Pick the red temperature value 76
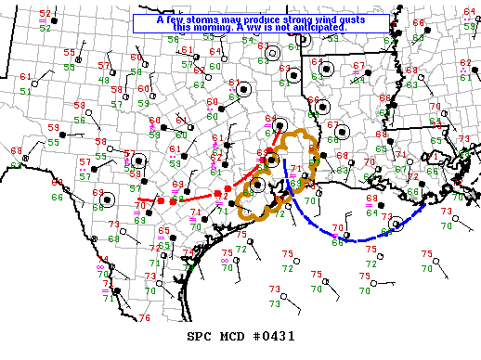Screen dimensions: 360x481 (x=144, y=318)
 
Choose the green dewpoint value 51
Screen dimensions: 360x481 (x=25, y=91)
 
